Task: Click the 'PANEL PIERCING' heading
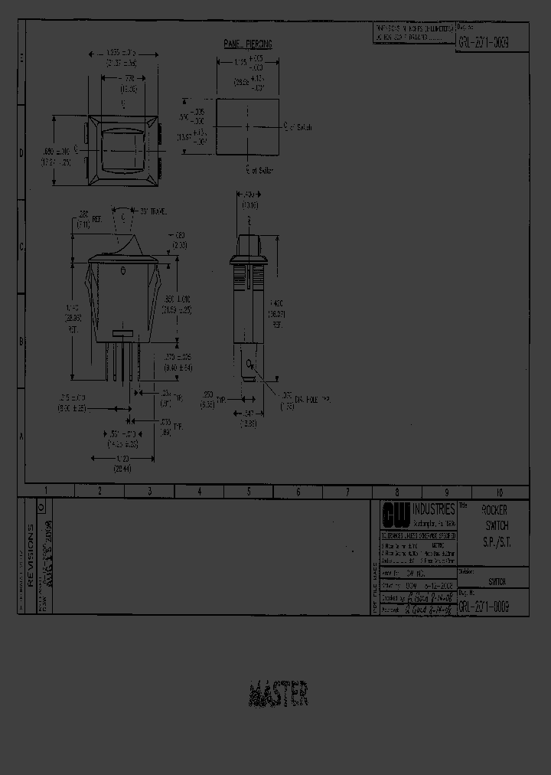(x=248, y=45)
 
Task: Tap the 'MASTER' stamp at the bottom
(x=279, y=694)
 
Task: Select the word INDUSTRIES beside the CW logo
(x=434, y=509)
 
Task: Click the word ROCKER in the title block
(x=494, y=510)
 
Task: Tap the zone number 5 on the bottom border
(x=249, y=492)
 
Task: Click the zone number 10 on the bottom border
(x=499, y=492)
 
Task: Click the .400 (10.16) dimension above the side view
(x=249, y=201)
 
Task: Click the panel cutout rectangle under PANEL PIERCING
(x=247, y=126)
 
